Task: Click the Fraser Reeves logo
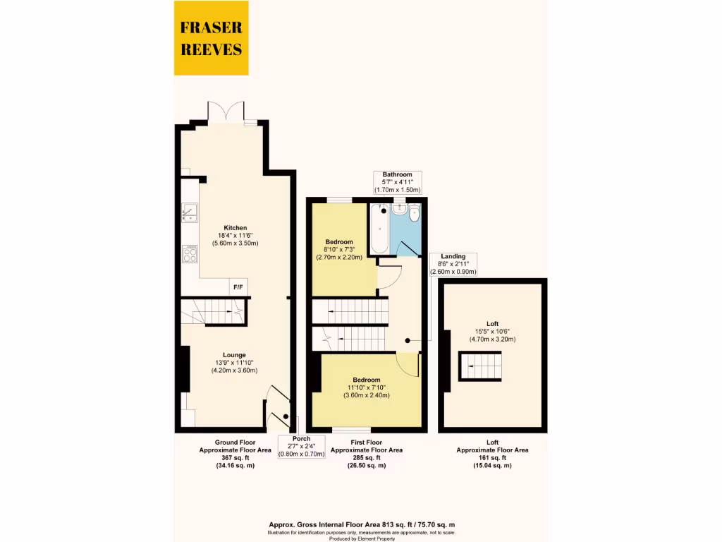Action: pos(211,39)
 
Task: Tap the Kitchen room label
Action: pos(235,228)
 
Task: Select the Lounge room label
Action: pos(234,355)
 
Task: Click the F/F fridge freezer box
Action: pos(238,288)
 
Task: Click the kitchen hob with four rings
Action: pos(190,253)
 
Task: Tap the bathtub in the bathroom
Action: pos(379,228)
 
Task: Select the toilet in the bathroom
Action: pos(414,213)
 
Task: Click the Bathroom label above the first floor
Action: pos(397,174)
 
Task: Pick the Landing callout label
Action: pos(453,256)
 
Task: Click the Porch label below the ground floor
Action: pos(301,438)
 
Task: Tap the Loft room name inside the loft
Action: pos(492,323)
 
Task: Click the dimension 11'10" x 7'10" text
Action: pos(367,387)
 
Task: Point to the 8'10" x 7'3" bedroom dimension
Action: pos(338,249)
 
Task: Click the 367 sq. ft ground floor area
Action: pos(235,457)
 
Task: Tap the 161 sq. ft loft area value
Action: pos(492,457)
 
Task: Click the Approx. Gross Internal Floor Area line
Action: pos(362,524)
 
